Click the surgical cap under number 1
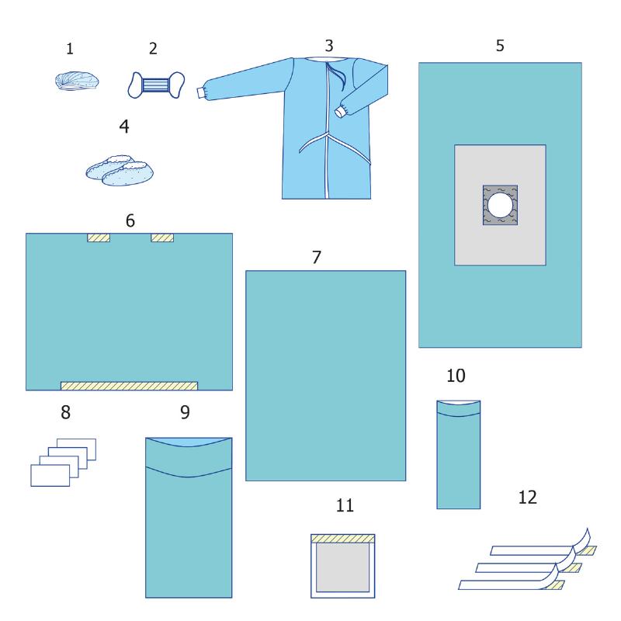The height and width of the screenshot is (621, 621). click(77, 82)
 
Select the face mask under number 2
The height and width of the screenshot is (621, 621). click(156, 85)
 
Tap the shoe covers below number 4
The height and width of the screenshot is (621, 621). click(120, 171)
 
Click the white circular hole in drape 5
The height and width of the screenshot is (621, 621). click(500, 206)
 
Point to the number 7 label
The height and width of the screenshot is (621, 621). click(316, 258)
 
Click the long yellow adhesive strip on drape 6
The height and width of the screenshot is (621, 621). click(129, 386)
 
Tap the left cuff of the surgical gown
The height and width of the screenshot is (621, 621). click(201, 92)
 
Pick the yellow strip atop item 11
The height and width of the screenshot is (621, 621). click(342, 539)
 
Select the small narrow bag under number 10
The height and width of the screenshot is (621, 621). click(458, 455)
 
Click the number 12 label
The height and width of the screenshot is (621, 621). click(528, 498)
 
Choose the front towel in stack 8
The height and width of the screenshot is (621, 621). click(50, 475)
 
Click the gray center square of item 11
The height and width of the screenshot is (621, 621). click(342, 567)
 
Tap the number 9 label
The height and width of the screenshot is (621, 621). click(185, 412)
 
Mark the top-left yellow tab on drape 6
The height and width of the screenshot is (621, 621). click(99, 238)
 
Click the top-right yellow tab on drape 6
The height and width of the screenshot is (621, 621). click(162, 238)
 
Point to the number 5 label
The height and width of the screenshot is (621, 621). click(500, 46)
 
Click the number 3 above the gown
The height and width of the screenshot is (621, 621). click(328, 46)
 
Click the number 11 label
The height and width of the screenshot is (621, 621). click(345, 505)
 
